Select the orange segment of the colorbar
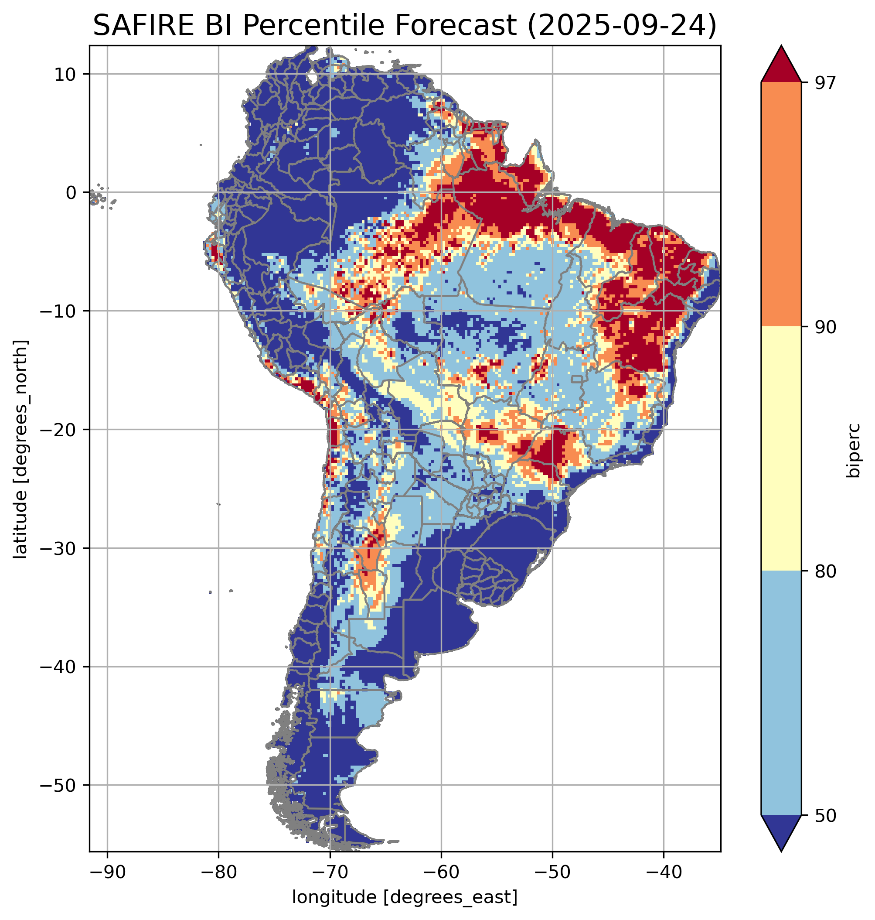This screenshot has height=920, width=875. pyautogui.click(x=781, y=205)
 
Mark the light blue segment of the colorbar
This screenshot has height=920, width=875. pyautogui.click(x=781, y=694)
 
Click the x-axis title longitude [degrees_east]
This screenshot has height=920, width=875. pyautogui.click(x=405, y=897)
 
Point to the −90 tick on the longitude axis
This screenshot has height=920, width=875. pyautogui.click(x=107, y=872)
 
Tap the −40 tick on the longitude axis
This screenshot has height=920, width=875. pyautogui.click(x=664, y=872)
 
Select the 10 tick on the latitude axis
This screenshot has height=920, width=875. pyautogui.click(x=65, y=74)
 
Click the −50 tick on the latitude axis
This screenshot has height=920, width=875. pyautogui.click(x=58, y=786)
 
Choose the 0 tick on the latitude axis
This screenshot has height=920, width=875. pyautogui.click(x=71, y=193)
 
